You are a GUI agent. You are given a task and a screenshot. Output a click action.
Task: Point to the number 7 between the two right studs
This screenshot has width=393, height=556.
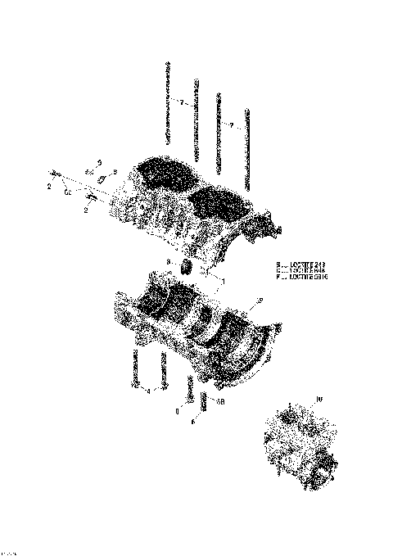pyautogui.click(x=232, y=125)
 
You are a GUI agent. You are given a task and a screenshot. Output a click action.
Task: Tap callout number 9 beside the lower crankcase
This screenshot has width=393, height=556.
pyautogui.click(x=261, y=302)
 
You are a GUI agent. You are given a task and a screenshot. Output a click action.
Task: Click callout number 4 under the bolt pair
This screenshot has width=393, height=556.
pyautogui.click(x=148, y=391)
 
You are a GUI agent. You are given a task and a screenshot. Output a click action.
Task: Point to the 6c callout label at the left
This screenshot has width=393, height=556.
pyautogui.click(x=67, y=192)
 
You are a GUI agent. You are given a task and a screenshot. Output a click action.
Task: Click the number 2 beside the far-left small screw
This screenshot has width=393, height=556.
pyautogui.click(x=49, y=187)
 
